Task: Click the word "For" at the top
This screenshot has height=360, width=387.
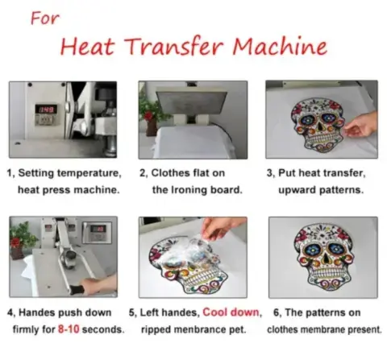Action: (45, 19)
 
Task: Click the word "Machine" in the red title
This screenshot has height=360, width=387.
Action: (280, 46)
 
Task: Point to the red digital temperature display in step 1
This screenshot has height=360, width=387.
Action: (46, 109)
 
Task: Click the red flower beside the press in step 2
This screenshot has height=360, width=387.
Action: (148, 116)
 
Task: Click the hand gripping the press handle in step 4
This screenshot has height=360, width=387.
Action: (98, 284)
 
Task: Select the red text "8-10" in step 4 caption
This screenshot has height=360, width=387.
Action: (69, 329)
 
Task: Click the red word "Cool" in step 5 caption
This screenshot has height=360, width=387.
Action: (214, 312)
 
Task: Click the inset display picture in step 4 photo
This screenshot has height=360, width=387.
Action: (97, 232)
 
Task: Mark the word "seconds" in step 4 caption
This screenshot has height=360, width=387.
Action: (102, 329)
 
